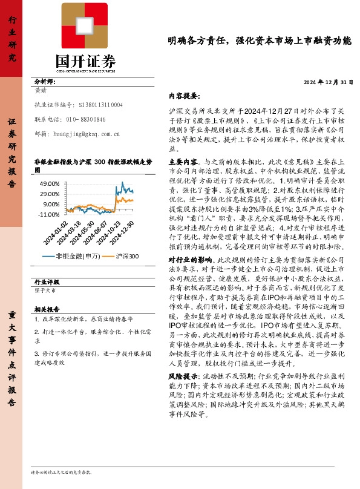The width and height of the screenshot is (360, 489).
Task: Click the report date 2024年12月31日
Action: point(327,83)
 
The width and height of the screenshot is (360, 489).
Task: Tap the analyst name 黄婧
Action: point(41,90)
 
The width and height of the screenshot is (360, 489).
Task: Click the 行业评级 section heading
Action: point(47,282)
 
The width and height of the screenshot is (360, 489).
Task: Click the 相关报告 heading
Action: point(45,309)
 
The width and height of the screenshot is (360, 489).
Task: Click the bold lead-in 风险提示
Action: point(182,376)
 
